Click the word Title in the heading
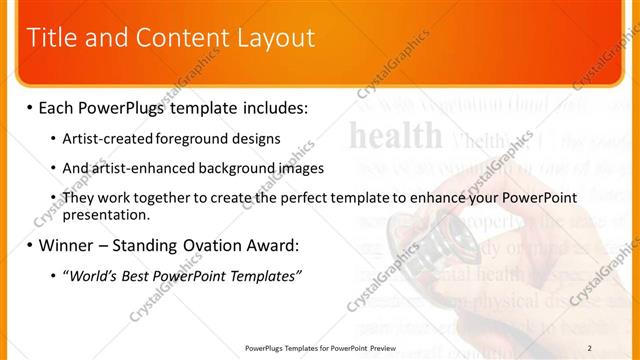tap(50, 39)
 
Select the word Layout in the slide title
tap(276, 39)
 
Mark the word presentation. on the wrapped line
tap(105, 214)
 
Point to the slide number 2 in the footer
tap(617, 348)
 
